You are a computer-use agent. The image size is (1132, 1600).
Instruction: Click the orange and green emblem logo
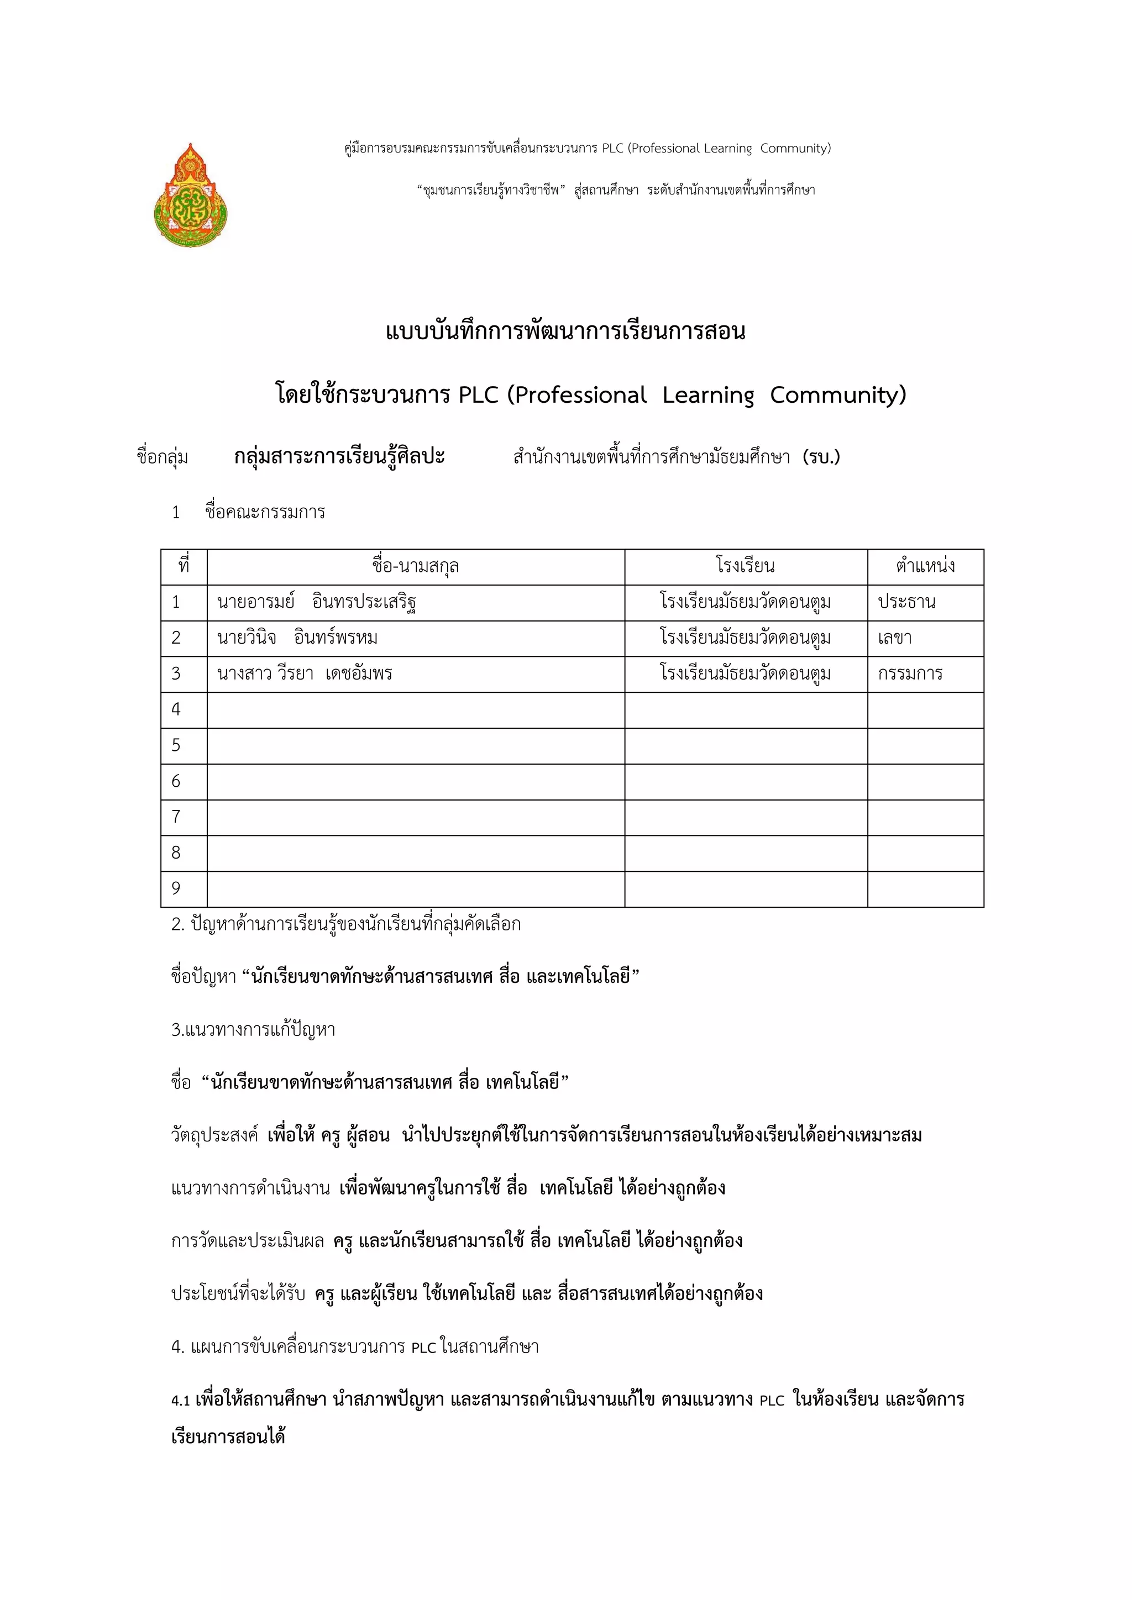click(190, 196)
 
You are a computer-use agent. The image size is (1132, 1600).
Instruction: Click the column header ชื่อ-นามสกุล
click(416, 566)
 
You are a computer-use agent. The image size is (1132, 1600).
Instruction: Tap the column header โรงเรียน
click(745, 566)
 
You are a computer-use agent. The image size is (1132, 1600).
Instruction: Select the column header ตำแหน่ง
click(925, 566)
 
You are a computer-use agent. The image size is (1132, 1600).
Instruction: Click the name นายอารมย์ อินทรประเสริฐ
click(317, 602)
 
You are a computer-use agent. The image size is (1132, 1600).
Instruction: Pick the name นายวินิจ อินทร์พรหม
click(297, 638)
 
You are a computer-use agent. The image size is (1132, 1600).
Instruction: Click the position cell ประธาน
click(906, 602)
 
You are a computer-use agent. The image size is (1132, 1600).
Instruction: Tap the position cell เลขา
click(894, 638)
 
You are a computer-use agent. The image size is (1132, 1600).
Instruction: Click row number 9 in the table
click(176, 888)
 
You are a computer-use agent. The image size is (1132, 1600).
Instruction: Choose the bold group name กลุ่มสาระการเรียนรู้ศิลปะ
click(339, 457)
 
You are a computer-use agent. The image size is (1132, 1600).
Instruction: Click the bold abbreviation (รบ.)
click(821, 457)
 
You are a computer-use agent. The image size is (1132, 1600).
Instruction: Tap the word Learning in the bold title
click(707, 395)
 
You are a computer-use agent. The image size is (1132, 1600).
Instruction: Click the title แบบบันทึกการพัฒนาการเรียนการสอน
click(565, 331)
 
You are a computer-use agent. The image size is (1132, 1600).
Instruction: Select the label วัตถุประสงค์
click(214, 1135)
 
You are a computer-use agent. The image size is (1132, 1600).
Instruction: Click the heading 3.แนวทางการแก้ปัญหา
click(253, 1029)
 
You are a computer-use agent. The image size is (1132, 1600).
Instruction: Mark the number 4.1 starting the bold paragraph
click(181, 1401)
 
